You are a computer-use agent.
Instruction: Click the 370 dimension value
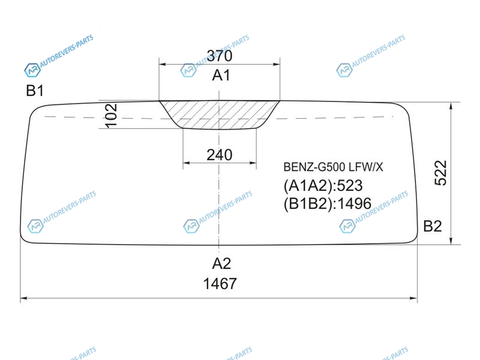coord(220,56)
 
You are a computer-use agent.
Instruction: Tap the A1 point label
coord(221,75)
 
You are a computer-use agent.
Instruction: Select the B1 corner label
coord(35,91)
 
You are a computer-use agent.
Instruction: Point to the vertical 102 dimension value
coord(111,115)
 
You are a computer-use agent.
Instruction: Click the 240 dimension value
coord(220,155)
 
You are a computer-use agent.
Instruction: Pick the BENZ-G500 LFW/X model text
coord(333,167)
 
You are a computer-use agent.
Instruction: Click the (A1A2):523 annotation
coord(323,186)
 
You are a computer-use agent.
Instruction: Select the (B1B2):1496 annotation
coord(327,203)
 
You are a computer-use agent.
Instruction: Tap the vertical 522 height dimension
coord(441,173)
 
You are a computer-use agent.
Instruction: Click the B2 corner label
coord(433,226)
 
